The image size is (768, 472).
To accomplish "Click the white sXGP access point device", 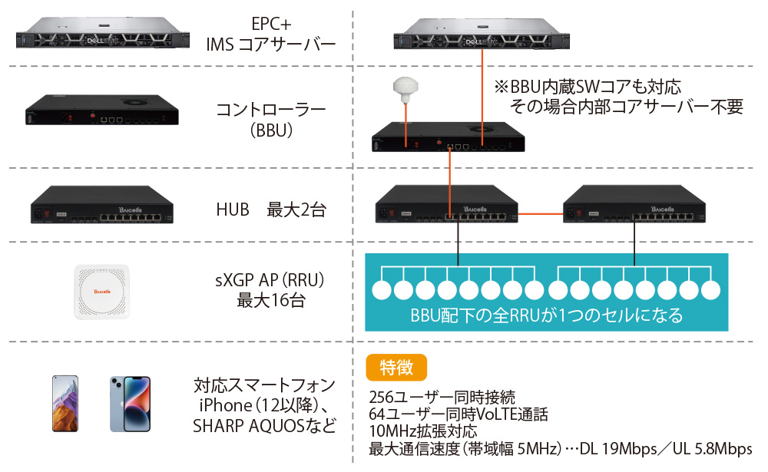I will pyautogui.click(x=103, y=291).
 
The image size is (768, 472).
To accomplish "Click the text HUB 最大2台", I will pyautogui.click(x=270, y=209).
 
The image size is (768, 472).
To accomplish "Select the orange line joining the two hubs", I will pyautogui.click(x=540, y=213).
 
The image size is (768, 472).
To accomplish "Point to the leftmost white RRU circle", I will pyautogui.click(x=382, y=290).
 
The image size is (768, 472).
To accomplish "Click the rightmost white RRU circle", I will pyautogui.click(x=712, y=290).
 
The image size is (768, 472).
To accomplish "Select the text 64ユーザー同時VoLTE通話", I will pyautogui.click(x=458, y=414).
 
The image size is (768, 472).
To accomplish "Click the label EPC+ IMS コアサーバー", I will pyautogui.click(x=270, y=35).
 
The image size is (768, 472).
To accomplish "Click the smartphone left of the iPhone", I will pyautogui.click(x=65, y=403).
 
